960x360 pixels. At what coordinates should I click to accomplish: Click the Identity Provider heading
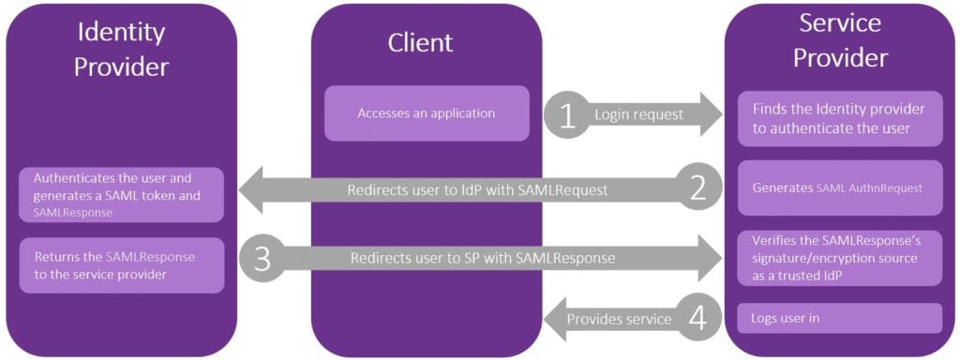(121, 50)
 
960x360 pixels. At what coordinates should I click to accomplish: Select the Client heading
(420, 42)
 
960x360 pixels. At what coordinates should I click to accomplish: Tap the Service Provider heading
(840, 38)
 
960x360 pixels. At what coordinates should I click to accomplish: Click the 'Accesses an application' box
(427, 113)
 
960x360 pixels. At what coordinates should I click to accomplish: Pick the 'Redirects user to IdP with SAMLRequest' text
(477, 189)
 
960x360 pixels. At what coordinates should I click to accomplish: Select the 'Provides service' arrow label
(622, 319)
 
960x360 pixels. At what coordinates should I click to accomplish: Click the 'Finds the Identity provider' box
(839, 119)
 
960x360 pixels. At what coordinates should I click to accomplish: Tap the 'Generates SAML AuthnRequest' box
(839, 187)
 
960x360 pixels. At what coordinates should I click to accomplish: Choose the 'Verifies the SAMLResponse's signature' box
(839, 257)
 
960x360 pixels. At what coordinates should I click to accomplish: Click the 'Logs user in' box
(839, 318)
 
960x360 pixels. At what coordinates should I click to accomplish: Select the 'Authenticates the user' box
(122, 194)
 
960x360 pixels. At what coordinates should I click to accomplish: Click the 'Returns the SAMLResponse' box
(122, 264)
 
